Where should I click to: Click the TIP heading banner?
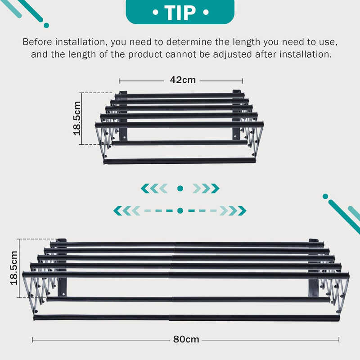point(180,12)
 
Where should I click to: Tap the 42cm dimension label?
point(183,80)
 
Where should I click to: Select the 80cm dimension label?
point(186,339)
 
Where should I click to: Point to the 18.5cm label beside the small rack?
point(77,118)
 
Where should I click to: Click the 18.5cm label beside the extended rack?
point(14,268)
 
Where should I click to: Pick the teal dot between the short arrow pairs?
point(180,189)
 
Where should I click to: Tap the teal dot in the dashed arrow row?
point(180,211)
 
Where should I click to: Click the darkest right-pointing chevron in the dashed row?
point(242,211)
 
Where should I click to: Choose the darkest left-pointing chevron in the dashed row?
point(118,211)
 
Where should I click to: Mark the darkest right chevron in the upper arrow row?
point(215,189)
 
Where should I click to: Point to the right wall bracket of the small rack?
point(237,114)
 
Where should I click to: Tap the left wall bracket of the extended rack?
point(62,267)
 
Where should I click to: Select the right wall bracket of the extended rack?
point(314,268)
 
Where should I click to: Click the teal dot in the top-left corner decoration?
point(46,25)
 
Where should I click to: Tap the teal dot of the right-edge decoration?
point(325,197)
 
